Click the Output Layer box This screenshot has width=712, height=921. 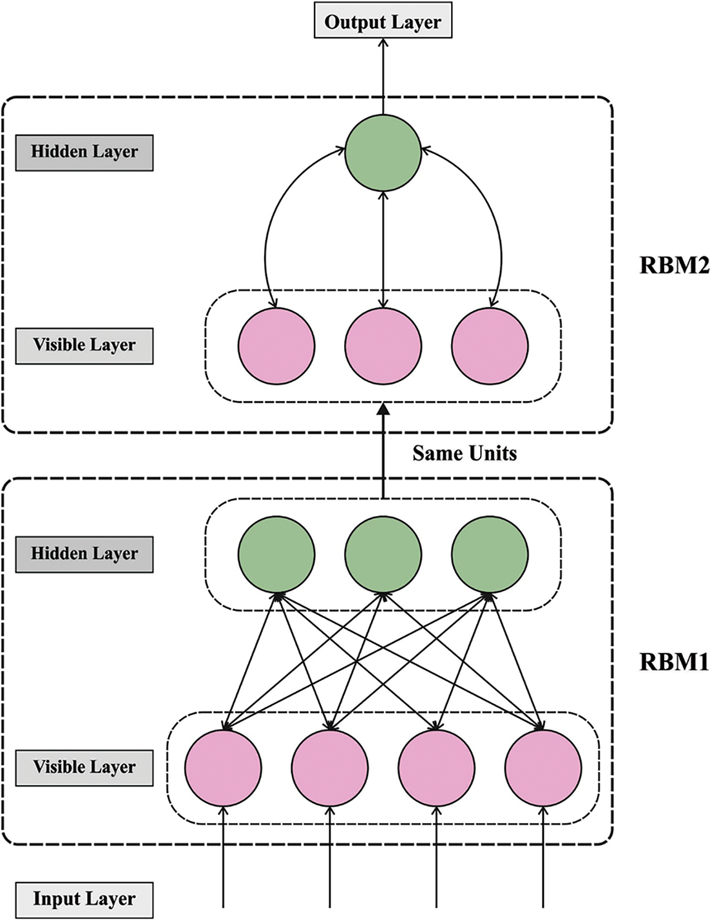click(383, 21)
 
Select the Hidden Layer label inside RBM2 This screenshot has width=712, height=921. click(84, 153)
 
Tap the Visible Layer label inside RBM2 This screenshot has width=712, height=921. click(84, 346)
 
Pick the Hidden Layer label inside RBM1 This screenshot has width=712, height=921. click(84, 554)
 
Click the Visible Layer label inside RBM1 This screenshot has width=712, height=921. click(84, 768)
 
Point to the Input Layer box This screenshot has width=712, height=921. click(84, 900)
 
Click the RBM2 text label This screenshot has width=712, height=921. click(674, 266)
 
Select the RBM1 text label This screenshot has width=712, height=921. click(674, 662)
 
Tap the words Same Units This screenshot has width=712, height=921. click(465, 454)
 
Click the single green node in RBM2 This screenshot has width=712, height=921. click(383, 153)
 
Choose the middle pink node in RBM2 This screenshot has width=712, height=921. click(383, 346)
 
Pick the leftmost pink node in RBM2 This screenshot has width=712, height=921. click(276, 346)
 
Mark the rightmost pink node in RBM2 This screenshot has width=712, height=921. click(490, 346)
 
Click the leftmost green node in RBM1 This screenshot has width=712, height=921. click(276, 554)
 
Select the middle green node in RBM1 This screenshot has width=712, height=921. click(383, 554)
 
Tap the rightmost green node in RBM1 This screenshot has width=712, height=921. click(490, 554)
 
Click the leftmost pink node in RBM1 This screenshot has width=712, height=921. click(223, 768)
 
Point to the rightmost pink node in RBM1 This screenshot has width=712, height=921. click(543, 768)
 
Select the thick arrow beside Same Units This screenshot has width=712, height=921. click(383, 451)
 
